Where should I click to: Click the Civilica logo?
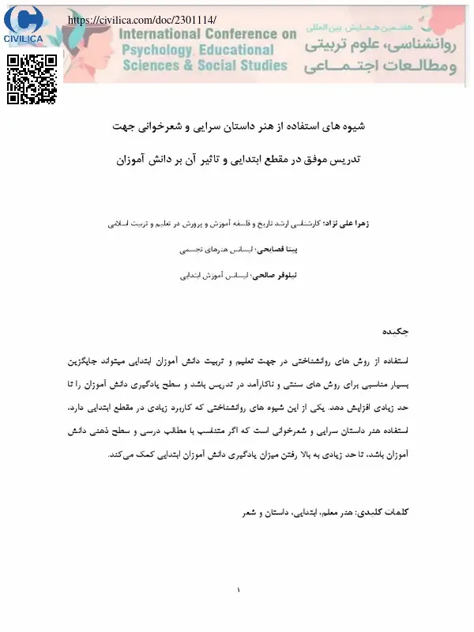click(24, 24)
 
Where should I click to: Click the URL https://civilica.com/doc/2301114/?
click(142, 17)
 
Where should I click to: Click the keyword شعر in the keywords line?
click(249, 512)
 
